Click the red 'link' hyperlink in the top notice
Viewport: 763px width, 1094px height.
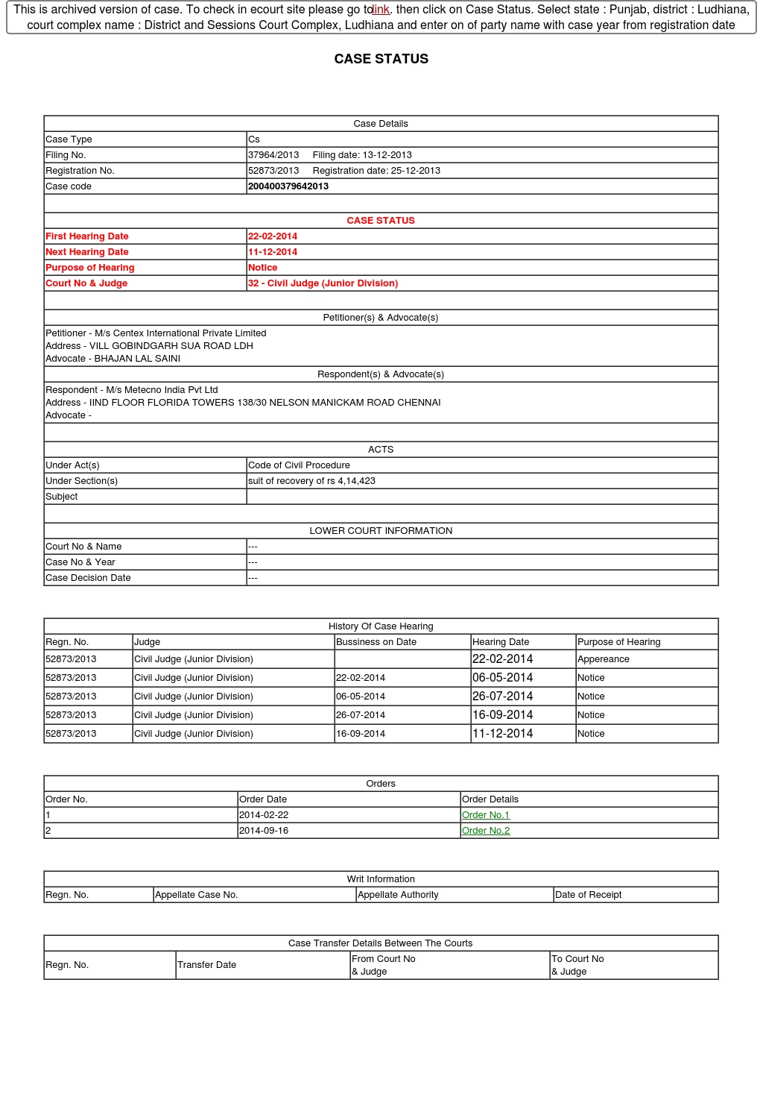tap(381, 10)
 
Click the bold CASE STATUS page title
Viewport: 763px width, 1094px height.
tap(381, 59)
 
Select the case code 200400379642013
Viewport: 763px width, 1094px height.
tap(288, 186)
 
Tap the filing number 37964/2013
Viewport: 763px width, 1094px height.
tap(273, 155)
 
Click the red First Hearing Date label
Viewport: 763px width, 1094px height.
tap(87, 236)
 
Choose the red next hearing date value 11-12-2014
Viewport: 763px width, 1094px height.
tap(273, 252)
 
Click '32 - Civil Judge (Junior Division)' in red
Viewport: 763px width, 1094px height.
tap(323, 283)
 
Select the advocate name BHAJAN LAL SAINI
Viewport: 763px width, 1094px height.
tap(137, 359)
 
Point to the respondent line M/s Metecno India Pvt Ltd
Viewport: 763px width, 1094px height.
tap(131, 390)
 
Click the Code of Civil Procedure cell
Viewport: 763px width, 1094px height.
tap(299, 465)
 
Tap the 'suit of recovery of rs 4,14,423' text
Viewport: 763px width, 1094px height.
tap(311, 481)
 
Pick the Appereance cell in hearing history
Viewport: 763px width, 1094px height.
tap(604, 659)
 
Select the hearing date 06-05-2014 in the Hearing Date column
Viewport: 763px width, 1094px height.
tap(502, 678)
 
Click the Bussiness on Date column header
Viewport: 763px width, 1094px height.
tap(376, 642)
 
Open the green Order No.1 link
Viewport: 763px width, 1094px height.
tap(486, 815)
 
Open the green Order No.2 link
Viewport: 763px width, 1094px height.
tap(486, 831)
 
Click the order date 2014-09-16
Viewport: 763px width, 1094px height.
tap(264, 831)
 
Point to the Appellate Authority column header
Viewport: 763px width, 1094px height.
tap(398, 895)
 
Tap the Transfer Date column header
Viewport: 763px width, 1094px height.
tap(207, 965)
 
